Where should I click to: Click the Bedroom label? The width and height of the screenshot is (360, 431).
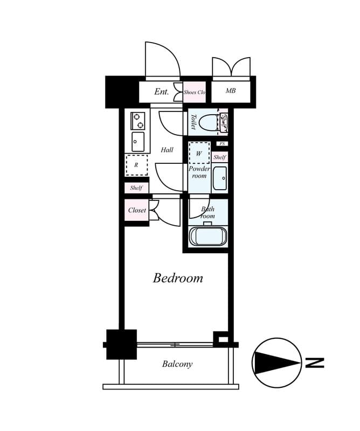pyautogui.click(x=178, y=278)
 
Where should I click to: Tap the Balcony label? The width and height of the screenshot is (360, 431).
pyautogui.click(x=177, y=364)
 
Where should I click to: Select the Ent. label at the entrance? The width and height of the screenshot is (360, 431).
pyautogui.click(x=162, y=92)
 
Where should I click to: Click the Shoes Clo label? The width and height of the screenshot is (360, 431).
pyautogui.click(x=194, y=92)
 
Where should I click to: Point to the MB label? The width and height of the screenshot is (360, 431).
pyautogui.click(x=230, y=91)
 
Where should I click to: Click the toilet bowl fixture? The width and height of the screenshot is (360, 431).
pyautogui.click(x=207, y=122)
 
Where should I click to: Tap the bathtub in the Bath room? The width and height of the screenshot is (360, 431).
pyautogui.click(x=208, y=237)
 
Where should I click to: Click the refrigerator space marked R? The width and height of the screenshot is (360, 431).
pyautogui.click(x=136, y=165)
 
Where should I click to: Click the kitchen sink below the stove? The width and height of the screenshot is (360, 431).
pyautogui.click(x=138, y=142)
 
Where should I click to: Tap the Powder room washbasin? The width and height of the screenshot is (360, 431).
pyautogui.click(x=219, y=178)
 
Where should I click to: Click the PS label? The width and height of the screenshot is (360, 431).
pyautogui.click(x=221, y=144)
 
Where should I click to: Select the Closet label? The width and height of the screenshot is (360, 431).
pyautogui.click(x=137, y=210)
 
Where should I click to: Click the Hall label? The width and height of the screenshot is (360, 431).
pyautogui.click(x=167, y=150)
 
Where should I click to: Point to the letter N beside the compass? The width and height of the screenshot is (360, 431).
pyautogui.click(x=315, y=363)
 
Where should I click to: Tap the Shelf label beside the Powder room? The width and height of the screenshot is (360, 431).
pyautogui.click(x=219, y=157)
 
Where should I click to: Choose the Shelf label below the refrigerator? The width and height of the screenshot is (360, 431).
pyautogui.click(x=136, y=188)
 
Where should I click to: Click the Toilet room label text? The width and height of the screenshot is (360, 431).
pyautogui.click(x=193, y=121)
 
